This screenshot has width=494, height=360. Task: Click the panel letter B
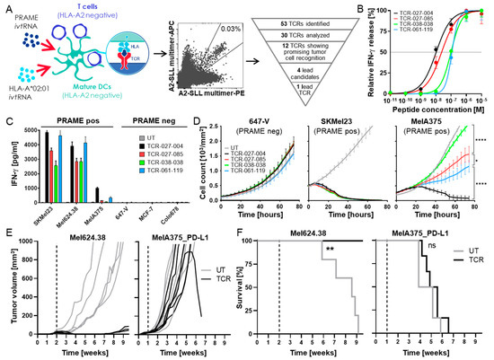point(360,8)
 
